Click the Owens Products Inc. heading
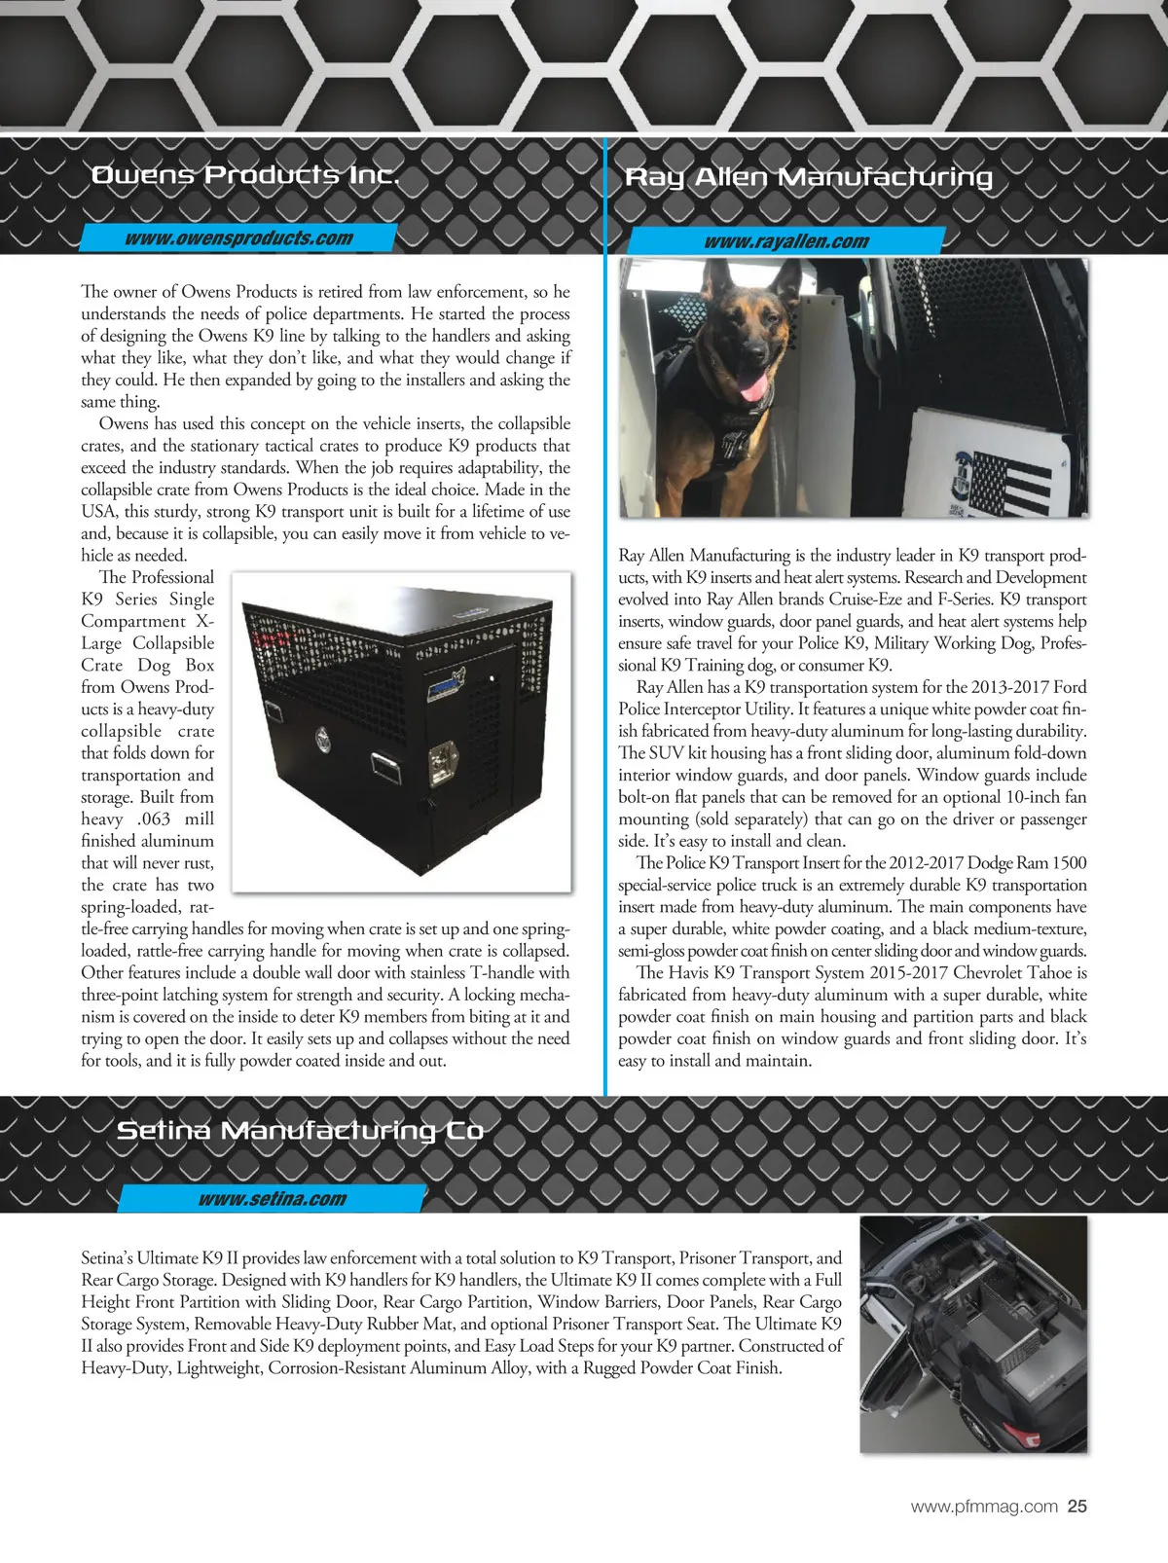pyautogui.click(x=244, y=175)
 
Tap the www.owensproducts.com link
pyautogui.click(x=238, y=238)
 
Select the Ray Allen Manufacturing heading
pyautogui.click(x=808, y=177)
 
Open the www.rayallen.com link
pyautogui.click(x=786, y=241)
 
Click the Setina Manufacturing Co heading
pyautogui.click(x=300, y=1130)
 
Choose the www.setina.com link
pyautogui.click(x=272, y=1199)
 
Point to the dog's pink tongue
pyautogui.click(x=750, y=389)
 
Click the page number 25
pyautogui.click(x=1077, y=1507)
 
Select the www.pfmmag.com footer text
pyautogui.click(x=983, y=1507)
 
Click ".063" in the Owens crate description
pyautogui.click(x=156, y=819)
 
